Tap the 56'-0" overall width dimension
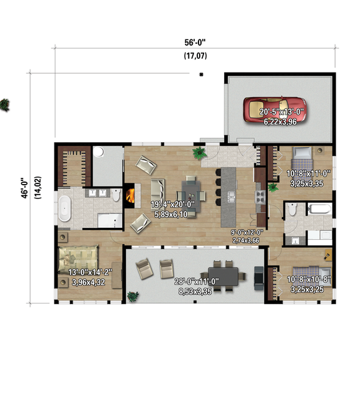(195, 43)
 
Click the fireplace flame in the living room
(130, 196)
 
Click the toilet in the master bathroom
(116, 197)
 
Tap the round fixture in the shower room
(100, 152)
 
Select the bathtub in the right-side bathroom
(319, 209)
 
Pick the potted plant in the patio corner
(132, 295)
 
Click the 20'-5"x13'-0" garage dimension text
(282, 112)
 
